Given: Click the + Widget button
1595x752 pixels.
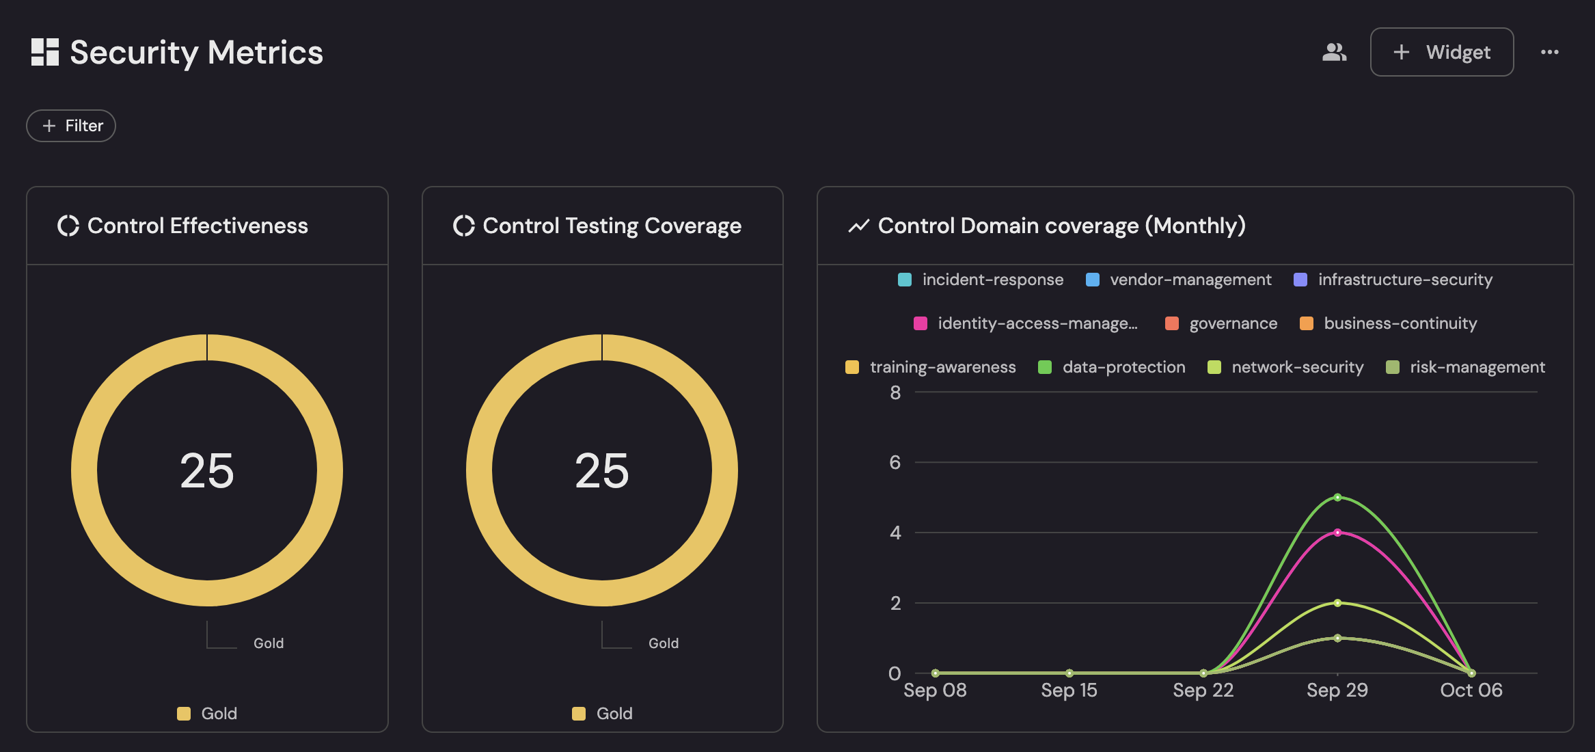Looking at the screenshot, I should click(x=1441, y=52).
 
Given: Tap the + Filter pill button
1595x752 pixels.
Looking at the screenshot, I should click(x=71, y=126).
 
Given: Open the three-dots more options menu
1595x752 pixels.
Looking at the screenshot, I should click(x=1549, y=52).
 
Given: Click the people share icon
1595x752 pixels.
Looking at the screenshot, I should click(x=1334, y=52).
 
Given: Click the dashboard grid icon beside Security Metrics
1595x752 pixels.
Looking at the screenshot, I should click(x=45, y=52).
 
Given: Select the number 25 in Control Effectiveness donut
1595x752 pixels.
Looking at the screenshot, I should click(x=207, y=470).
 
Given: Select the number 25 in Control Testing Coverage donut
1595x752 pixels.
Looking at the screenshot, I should click(x=602, y=470).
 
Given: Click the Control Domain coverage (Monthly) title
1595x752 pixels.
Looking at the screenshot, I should click(x=1061, y=226).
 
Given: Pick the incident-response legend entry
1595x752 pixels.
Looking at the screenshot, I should click(x=981, y=280).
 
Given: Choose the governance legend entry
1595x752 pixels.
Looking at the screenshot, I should click(x=1221, y=323).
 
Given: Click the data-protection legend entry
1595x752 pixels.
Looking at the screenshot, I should click(x=1112, y=367).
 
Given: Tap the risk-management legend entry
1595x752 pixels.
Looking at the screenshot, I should click(x=1465, y=367).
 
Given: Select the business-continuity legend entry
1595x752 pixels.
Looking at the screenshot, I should click(x=1388, y=323).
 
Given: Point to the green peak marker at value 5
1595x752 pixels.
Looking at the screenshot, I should click(x=1337, y=497).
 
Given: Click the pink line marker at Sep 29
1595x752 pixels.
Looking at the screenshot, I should click(x=1337, y=533).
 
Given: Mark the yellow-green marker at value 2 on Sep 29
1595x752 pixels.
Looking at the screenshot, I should click(x=1337, y=603).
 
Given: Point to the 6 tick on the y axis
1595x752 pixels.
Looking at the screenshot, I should click(x=895, y=463).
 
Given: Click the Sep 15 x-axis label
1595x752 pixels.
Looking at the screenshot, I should click(x=1069, y=690).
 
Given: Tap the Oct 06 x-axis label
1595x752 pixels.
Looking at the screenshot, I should click(x=1471, y=690).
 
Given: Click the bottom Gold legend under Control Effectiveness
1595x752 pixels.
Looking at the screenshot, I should click(x=208, y=714).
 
